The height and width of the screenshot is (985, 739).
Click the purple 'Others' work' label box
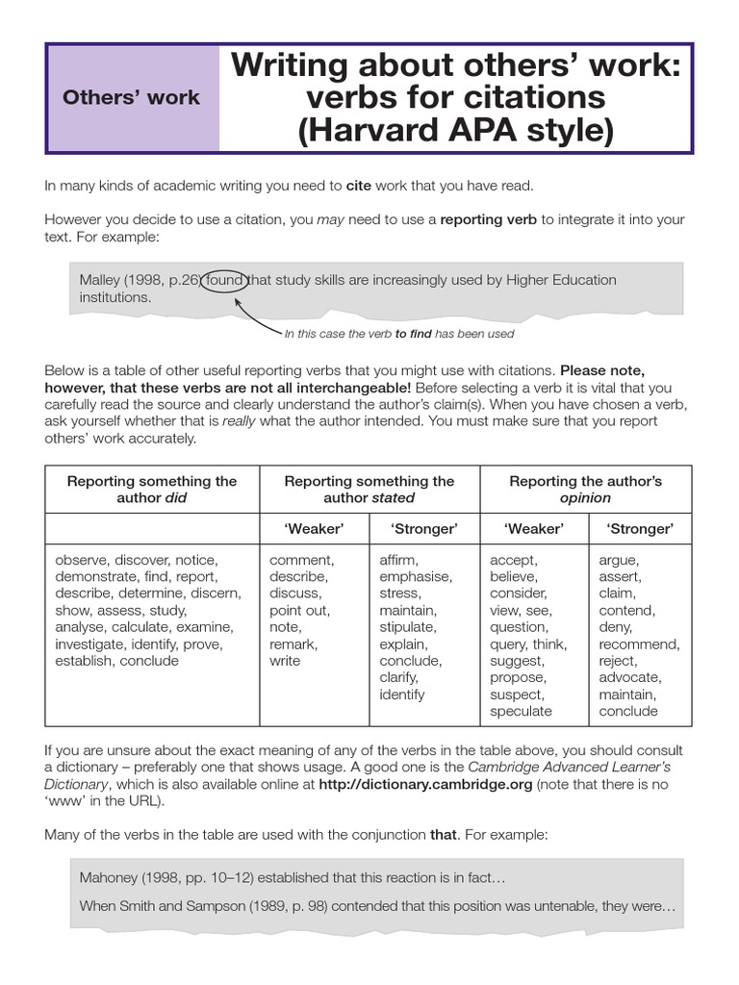click(x=132, y=98)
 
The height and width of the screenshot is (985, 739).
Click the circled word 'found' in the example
click(x=224, y=280)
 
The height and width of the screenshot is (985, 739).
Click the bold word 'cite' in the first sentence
click(x=358, y=186)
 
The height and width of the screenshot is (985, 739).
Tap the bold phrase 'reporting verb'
click(x=489, y=219)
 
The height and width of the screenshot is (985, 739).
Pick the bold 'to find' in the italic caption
click(x=413, y=334)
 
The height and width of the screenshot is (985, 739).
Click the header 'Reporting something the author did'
click(x=152, y=489)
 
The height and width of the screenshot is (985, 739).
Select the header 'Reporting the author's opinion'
click(x=585, y=489)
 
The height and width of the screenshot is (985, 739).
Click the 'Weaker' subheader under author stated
click(x=314, y=529)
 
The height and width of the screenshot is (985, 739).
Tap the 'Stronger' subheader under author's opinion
click(x=640, y=529)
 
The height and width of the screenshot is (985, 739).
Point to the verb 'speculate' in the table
click(x=521, y=711)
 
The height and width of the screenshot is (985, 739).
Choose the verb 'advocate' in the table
click(x=630, y=677)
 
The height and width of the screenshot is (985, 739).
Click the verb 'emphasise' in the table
click(x=415, y=576)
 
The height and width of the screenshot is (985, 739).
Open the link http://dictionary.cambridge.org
click(x=425, y=784)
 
